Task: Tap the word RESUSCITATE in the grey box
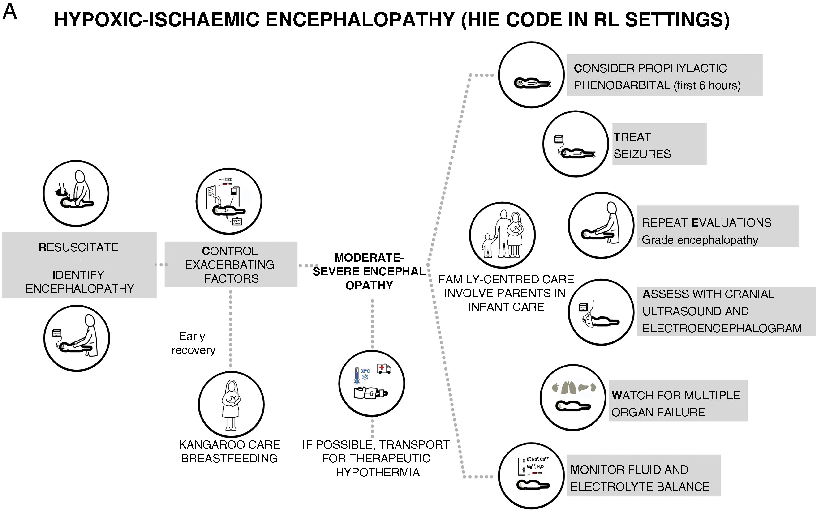pos(79,247)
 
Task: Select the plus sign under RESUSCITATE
pos(80,262)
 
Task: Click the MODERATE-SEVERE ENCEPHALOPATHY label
pos(369,271)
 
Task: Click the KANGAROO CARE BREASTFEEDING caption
pos(229,451)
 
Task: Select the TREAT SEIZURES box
pos(659,144)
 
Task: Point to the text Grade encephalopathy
pos(700,240)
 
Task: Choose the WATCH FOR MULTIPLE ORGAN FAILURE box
pos(678,401)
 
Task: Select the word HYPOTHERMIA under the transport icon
pos(378,472)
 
